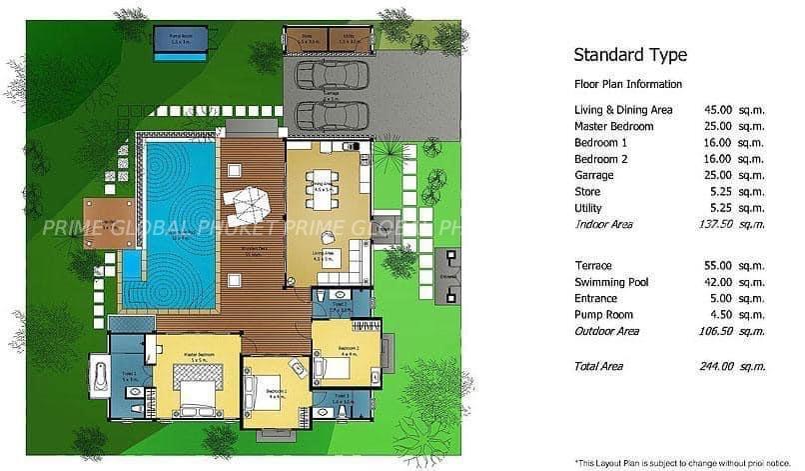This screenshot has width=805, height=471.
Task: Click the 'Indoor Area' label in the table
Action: [604, 224]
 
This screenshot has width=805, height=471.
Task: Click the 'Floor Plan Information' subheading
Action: [628, 84]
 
